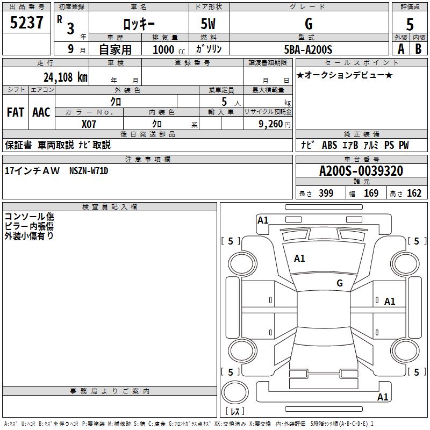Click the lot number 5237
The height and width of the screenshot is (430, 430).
[27, 23]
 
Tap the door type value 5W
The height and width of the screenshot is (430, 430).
[209, 24]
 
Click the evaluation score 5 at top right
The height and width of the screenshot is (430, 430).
[410, 25]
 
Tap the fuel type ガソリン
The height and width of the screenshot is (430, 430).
[209, 49]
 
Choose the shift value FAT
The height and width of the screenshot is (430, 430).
[15, 112]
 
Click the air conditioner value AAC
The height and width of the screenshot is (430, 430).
[41, 112]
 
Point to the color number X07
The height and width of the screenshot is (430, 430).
[89, 124]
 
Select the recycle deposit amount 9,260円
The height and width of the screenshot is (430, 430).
[274, 124]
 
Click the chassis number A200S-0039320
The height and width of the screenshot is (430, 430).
[361, 171]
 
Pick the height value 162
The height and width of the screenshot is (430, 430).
[414, 193]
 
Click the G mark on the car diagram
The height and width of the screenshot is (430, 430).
[340, 283]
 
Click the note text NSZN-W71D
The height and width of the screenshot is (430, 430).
[89, 171]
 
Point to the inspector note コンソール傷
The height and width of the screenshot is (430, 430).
[29, 216]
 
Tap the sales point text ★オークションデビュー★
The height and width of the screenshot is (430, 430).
[344, 75]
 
